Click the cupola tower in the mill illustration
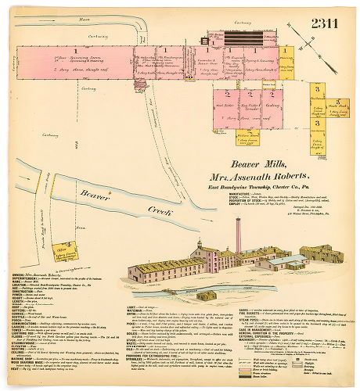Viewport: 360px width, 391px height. [x=200, y=248]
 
